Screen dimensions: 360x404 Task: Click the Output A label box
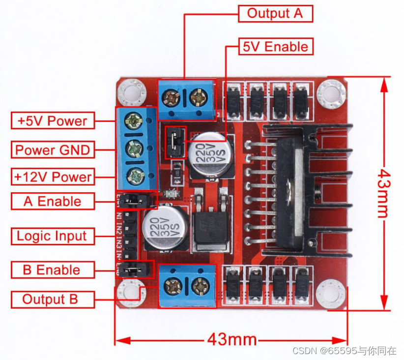(275, 13)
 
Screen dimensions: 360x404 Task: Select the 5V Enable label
(275, 47)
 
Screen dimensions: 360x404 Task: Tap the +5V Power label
(53, 120)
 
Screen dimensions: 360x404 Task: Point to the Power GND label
(53, 150)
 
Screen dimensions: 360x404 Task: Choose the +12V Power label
(53, 177)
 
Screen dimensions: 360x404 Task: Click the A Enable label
(53, 201)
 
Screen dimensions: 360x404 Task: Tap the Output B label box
(51, 299)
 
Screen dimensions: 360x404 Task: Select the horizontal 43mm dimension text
(232, 339)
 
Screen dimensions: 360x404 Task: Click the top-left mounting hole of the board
(131, 92)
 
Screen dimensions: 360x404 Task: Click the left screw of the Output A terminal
(173, 98)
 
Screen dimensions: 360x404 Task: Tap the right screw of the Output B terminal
(201, 285)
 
